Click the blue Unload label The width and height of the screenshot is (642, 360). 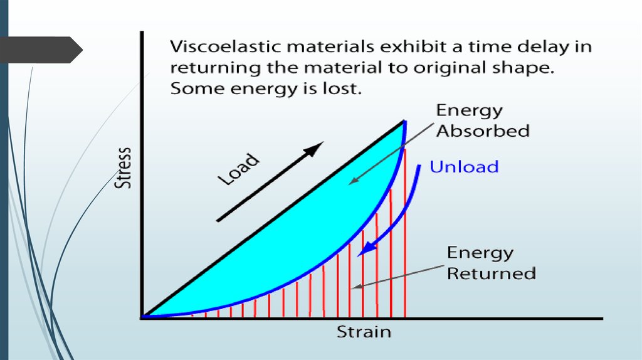[464, 167]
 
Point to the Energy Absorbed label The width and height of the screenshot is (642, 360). [482, 121]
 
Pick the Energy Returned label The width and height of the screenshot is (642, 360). [491, 263]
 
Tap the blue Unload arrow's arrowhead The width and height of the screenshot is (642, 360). [366, 250]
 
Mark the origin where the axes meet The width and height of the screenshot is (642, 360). [144, 317]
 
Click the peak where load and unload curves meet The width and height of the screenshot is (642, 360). [403, 122]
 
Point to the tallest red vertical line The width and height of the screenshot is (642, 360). [404, 232]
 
